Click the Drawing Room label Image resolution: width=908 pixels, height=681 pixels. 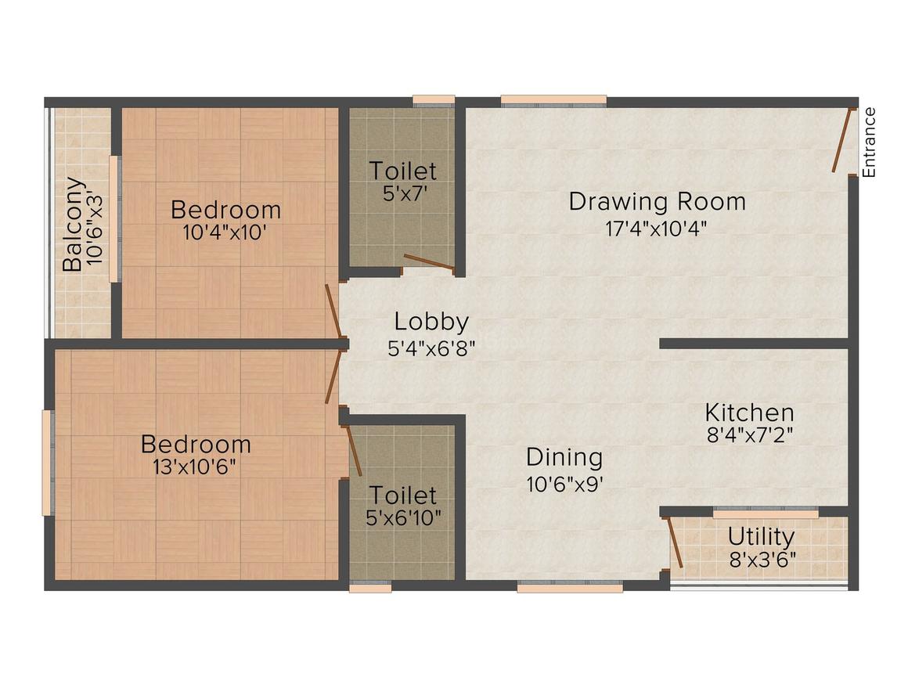(x=657, y=201)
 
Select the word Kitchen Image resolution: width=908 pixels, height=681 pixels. (x=749, y=413)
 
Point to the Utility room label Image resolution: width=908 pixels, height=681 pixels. (x=761, y=537)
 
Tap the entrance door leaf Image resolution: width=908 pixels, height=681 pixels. (x=842, y=140)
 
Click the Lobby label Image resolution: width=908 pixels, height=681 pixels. (x=431, y=322)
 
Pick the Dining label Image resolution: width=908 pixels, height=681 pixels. (x=564, y=456)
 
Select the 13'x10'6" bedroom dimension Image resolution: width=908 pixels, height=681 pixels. (x=196, y=467)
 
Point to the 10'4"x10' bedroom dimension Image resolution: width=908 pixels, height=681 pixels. (x=225, y=232)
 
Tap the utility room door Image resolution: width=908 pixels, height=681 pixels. (x=675, y=542)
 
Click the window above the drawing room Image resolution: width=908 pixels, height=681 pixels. (x=553, y=100)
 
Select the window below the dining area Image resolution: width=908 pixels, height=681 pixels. (x=570, y=587)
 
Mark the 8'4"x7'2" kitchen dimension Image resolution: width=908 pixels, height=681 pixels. (x=749, y=434)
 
